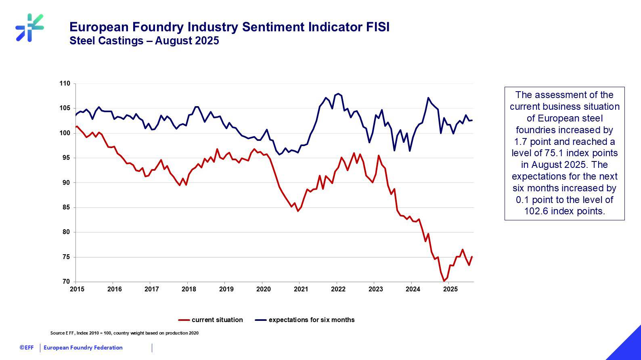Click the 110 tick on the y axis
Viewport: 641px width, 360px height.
65,84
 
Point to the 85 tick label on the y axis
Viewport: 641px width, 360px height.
66,207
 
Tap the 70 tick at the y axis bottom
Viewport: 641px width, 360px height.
66,282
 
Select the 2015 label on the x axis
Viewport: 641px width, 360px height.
77,289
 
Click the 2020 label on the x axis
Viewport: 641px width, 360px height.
264,289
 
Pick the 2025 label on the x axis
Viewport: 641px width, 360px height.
450,289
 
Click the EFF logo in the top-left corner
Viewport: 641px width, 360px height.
29,28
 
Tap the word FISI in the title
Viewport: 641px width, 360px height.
378,27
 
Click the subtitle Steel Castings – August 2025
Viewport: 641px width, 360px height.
144,41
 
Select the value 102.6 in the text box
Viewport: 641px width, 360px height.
536,211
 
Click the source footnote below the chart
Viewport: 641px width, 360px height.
124,333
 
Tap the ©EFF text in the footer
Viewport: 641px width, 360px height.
27,347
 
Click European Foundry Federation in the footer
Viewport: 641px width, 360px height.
83,347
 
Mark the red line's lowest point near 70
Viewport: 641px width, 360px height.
444,281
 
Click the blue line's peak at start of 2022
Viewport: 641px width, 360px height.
338,94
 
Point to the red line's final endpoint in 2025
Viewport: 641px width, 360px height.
472,257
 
